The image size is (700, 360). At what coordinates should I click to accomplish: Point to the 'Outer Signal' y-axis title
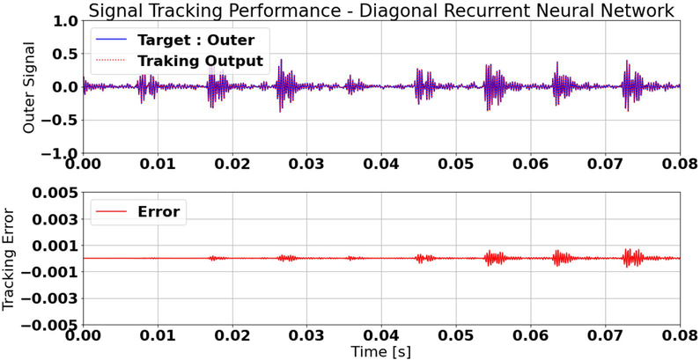(x=29, y=86)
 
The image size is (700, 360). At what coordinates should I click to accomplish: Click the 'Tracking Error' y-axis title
(x=10, y=259)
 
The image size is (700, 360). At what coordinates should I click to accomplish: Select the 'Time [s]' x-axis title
(x=380, y=351)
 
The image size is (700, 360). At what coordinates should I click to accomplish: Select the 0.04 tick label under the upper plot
(x=381, y=164)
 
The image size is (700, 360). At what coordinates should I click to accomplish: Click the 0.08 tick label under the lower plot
(x=679, y=335)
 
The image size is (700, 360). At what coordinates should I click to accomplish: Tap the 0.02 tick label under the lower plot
(x=232, y=335)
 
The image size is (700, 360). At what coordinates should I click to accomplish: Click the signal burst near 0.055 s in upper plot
(x=490, y=86)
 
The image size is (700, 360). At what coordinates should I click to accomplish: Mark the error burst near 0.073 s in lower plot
(x=632, y=258)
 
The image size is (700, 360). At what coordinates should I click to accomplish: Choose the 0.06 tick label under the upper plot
(x=530, y=164)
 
